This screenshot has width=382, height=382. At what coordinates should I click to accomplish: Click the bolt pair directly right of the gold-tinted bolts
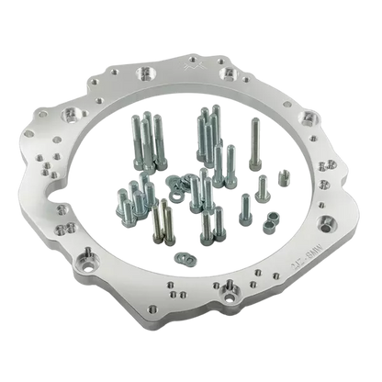(x=210, y=220)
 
